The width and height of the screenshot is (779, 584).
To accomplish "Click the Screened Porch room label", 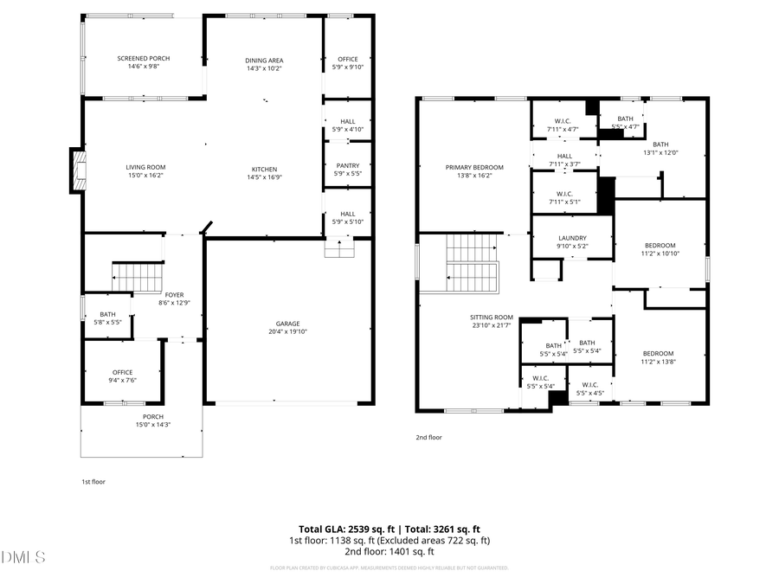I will [x=144, y=59].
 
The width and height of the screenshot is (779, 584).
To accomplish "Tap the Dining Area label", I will [x=264, y=61].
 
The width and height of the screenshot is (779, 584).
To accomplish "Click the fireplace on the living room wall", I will [x=79, y=170].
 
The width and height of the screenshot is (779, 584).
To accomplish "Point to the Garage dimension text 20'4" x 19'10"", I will [x=288, y=331].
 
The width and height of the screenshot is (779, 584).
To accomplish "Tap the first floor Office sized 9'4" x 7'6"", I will [x=123, y=375].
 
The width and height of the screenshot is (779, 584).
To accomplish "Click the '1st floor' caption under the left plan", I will [x=93, y=481].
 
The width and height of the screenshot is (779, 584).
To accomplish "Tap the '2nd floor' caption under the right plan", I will [x=428, y=438].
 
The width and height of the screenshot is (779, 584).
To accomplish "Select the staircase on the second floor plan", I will [x=472, y=264].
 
